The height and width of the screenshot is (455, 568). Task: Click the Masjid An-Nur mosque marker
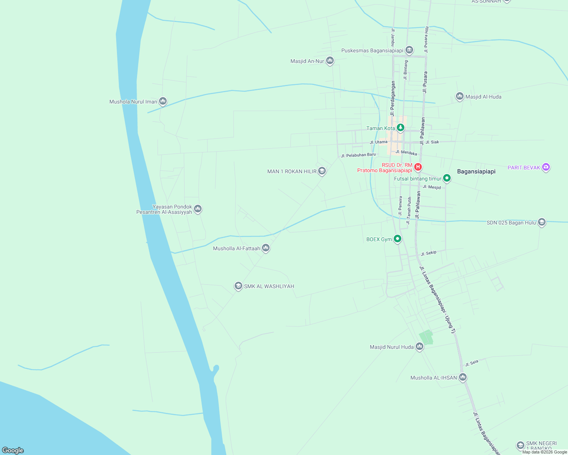click(x=330, y=60)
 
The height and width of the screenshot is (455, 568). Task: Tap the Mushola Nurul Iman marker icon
click(x=163, y=101)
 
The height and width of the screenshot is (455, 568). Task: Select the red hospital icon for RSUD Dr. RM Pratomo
click(x=418, y=166)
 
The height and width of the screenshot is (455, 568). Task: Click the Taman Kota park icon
click(x=400, y=127)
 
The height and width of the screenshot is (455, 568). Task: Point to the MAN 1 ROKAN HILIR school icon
click(x=322, y=171)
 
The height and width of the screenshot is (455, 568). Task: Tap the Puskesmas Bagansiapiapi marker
click(x=409, y=50)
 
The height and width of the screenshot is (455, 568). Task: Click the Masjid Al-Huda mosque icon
click(x=460, y=96)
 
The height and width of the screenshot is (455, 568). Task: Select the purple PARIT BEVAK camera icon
click(x=546, y=167)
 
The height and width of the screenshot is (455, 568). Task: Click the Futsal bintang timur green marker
click(x=447, y=178)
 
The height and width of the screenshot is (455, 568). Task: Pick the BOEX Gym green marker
click(x=398, y=238)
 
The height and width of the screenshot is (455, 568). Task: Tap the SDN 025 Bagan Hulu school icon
click(x=542, y=222)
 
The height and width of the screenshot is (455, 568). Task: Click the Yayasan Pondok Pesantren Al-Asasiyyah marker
click(x=197, y=209)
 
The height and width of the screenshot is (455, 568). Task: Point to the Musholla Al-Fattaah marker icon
click(x=266, y=248)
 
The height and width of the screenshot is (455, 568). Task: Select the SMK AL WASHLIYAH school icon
click(x=238, y=286)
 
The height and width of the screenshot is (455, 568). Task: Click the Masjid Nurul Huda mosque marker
click(x=420, y=346)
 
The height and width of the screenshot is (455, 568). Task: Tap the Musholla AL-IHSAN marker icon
click(x=462, y=377)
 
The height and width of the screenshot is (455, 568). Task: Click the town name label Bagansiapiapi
click(x=476, y=171)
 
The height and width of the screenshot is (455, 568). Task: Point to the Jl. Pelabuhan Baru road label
click(x=358, y=155)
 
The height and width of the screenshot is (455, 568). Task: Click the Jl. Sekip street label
click(x=429, y=253)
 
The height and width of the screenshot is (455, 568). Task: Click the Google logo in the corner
click(x=13, y=450)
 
